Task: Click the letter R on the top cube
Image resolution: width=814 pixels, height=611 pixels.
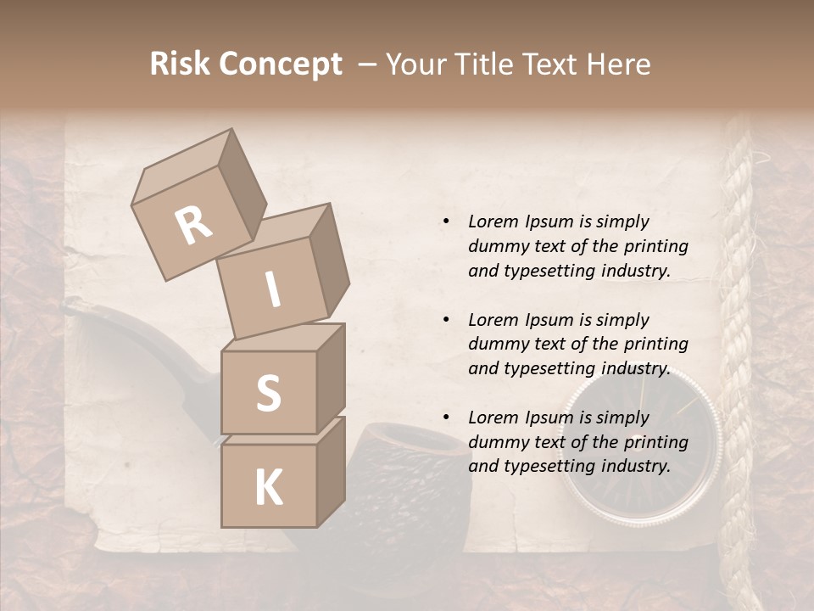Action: click(193, 226)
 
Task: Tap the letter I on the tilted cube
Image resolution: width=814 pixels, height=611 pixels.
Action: click(273, 290)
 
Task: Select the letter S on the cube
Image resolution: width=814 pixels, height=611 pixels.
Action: click(268, 393)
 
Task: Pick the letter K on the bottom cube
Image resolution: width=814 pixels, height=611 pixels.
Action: click(268, 488)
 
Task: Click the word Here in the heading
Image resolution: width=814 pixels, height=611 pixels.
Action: click(616, 64)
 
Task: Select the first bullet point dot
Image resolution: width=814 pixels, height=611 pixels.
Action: click(446, 222)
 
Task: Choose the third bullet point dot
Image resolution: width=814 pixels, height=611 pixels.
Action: click(446, 418)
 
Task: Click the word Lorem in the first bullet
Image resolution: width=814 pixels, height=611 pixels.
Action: click(493, 221)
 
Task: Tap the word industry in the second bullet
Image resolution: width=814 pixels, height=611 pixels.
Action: click(635, 368)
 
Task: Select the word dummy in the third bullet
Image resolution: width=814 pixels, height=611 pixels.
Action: click(495, 442)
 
